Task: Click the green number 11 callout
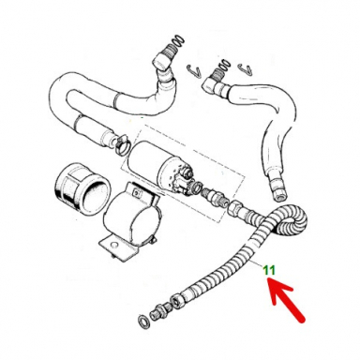coord(269,272)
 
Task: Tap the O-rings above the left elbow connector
coord(172,43)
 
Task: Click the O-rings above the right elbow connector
coord(222,67)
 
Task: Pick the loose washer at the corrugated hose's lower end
coord(142,323)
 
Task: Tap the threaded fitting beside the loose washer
coord(159,312)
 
